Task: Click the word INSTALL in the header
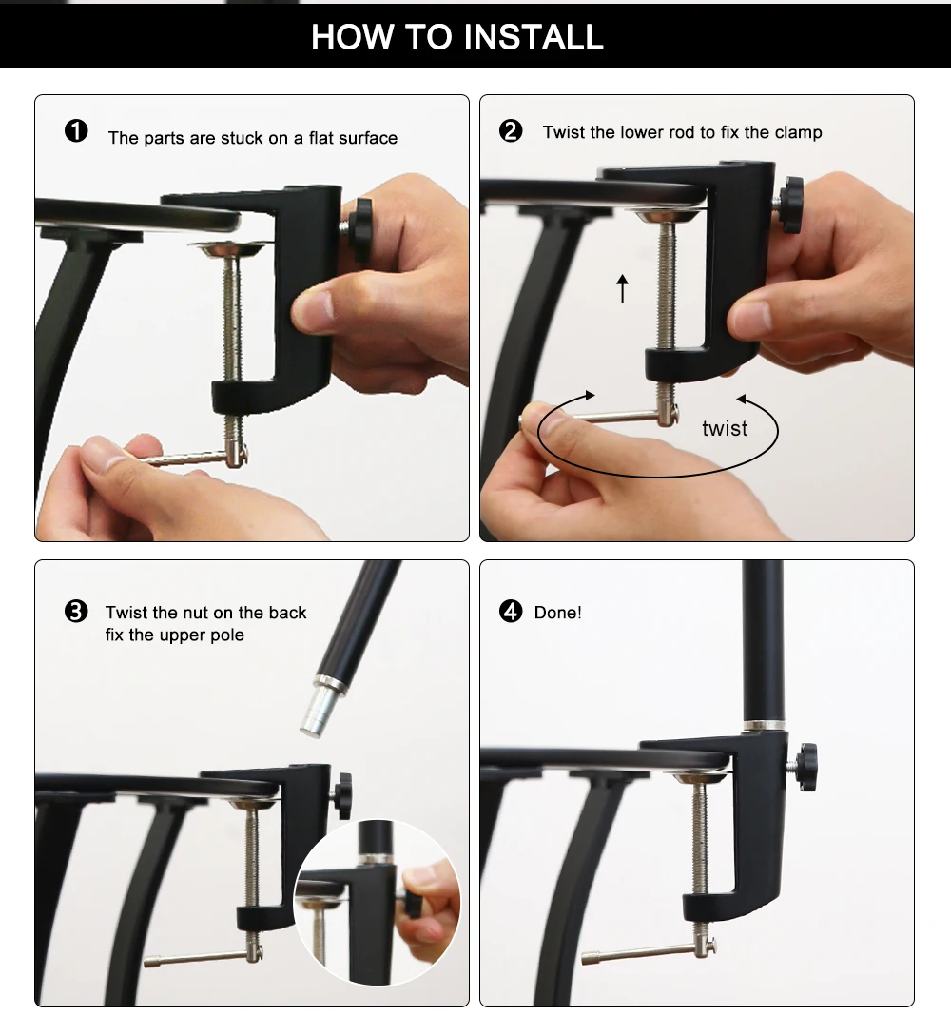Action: pos(534,37)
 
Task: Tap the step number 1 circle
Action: pos(76,130)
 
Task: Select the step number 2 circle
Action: pos(511,130)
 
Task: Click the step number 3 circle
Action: pos(76,612)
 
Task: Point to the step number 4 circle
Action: pos(511,612)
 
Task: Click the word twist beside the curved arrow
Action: pos(725,428)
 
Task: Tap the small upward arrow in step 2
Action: pos(622,288)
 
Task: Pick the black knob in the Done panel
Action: pos(805,767)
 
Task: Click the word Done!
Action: pos(557,613)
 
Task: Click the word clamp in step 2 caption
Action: pos(799,132)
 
